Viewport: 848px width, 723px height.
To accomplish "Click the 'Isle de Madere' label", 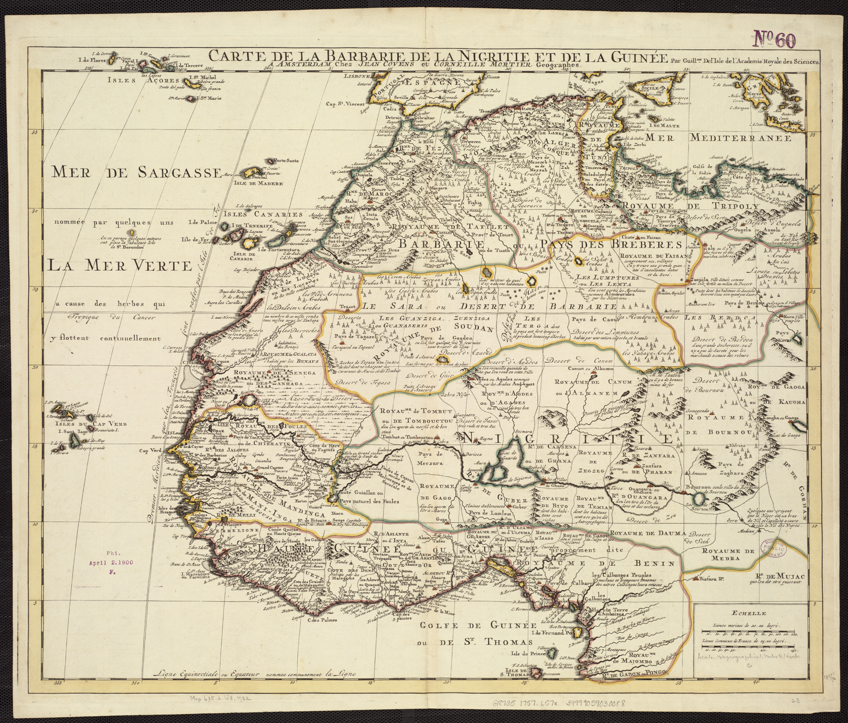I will click(258, 184).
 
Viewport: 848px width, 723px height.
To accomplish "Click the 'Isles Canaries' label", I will click(263, 215).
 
